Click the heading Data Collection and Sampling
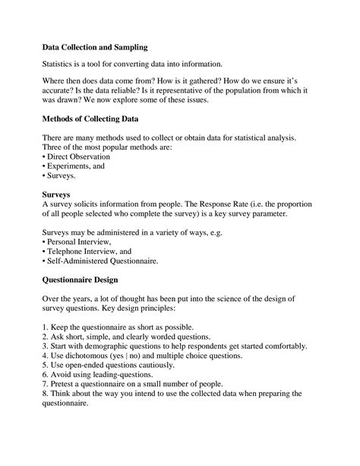point(95,47)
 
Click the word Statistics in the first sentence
point(62,65)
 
